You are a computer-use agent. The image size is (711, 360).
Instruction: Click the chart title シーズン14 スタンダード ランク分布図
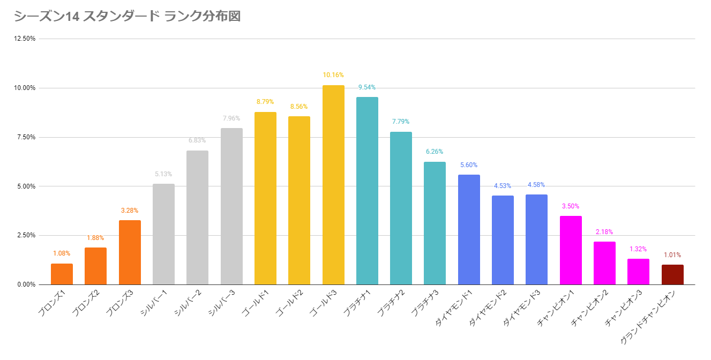(x=127, y=17)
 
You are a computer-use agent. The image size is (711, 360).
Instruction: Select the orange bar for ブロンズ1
(x=62, y=274)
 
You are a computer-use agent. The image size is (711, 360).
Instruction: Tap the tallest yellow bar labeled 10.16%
(x=333, y=185)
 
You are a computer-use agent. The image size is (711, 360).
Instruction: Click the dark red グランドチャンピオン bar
(x=672, y=274)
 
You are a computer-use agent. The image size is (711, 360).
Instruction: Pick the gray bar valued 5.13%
(x=163, y=234)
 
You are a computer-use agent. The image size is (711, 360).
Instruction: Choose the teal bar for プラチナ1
(x=367, y=191)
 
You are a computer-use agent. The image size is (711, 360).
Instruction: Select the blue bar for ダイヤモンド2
(x=503, y=240)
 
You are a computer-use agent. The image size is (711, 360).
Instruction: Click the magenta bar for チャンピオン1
(x=571, y=250)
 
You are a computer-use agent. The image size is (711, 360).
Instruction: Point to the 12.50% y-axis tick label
(x=25, y=39)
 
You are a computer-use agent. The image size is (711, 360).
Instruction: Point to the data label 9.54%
(x=367, y=87)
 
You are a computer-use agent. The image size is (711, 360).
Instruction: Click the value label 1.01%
(x=672, y=255)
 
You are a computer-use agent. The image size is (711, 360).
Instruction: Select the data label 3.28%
(x=130, y=211)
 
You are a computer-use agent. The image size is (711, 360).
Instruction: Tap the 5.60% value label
(x=469, y=165)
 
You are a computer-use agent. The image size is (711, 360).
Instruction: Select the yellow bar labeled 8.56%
(x=299, y=200)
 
